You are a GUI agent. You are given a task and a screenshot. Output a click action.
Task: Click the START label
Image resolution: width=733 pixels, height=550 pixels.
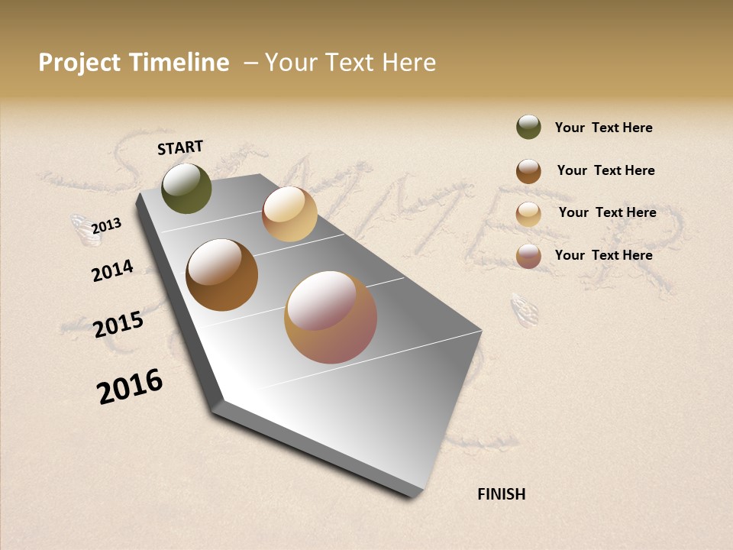click(180, 147)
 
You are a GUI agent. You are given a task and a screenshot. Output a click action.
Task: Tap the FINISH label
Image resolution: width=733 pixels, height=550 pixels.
click(501, 494)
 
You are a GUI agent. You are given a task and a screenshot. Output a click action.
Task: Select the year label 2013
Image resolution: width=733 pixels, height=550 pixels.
click(107, 226)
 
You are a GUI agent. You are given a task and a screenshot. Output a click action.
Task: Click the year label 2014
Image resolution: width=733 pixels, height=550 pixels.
click(112, 270)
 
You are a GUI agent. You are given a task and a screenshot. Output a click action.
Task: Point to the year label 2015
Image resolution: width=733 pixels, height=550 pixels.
click(118, 325)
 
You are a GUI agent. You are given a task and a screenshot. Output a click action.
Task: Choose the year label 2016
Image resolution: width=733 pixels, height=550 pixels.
click(130, 387)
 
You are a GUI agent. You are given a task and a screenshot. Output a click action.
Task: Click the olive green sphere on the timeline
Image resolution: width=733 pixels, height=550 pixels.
click(186, 188)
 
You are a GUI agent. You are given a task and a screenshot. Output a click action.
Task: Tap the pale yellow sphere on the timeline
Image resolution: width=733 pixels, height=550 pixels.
click(289, 214)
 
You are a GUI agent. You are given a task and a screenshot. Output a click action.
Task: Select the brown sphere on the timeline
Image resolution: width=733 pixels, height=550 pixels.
click(221, 275)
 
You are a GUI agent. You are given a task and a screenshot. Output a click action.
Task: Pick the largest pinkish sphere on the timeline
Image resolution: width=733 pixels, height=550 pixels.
click(331, 317)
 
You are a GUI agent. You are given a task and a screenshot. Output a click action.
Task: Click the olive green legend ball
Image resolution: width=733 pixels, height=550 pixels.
click(528, 128)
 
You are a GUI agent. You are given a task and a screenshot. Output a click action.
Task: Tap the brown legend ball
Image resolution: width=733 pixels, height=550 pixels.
click(528, 171)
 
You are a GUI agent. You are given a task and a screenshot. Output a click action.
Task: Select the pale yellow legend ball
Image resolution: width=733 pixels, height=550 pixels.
click(528, 214)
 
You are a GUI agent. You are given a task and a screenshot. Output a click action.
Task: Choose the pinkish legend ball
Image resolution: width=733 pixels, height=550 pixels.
click(528, 256)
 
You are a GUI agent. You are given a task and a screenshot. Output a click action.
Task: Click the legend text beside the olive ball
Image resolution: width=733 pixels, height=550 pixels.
click(603, 128)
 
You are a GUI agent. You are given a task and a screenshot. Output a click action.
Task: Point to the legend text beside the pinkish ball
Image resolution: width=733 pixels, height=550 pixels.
click(603, 255)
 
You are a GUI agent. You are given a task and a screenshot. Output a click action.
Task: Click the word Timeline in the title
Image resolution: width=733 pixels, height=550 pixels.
click(179, 63)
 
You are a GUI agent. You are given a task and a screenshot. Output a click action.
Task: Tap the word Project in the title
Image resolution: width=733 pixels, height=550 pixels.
click(79, 63)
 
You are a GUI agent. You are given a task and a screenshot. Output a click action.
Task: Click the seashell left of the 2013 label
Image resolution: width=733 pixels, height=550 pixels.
click(86, 230)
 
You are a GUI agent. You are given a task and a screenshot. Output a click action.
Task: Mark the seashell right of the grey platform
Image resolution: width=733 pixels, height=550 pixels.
click(525, 309)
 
